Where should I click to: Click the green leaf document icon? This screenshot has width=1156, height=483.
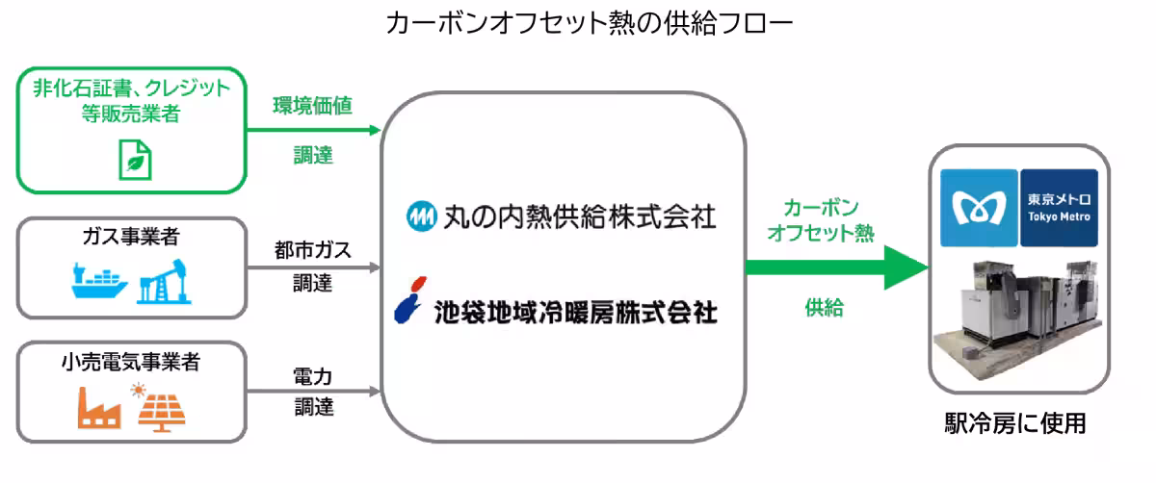click(134, 159)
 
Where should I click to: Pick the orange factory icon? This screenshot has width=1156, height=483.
click(98, 409)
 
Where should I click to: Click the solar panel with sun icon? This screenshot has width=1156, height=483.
click(160, 407)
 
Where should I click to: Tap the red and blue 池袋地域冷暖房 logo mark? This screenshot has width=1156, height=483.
click(410, 299)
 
